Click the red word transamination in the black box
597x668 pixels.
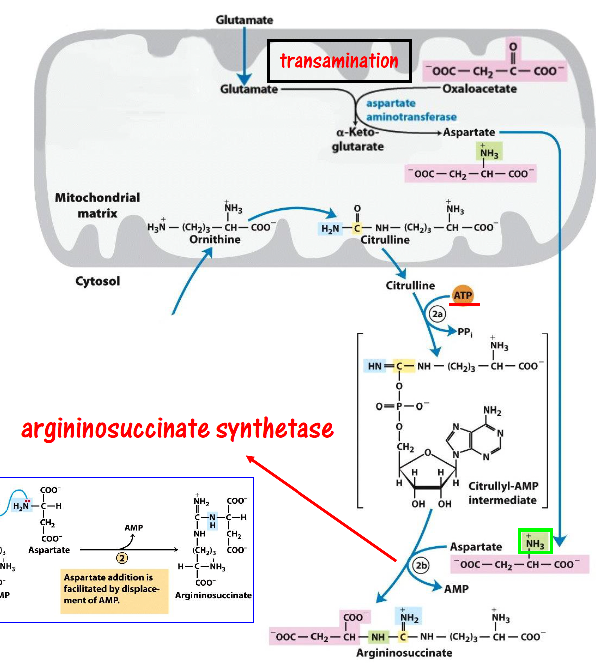click(x=339, y=61)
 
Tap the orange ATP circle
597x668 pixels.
click(x=463, y=295)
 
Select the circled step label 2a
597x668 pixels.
click(x=437, y=314)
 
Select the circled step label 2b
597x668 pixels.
click(x=422, y=565)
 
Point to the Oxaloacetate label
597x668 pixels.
click(x=479, y=89)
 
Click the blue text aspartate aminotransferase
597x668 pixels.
click(x=411, y=110)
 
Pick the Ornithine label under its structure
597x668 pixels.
click(x=215, y=240)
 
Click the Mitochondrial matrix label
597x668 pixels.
click(x=97, y=205)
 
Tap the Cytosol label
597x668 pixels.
click(x=98, y=281)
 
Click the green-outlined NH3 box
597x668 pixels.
click(x=535, y=542)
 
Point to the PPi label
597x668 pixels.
click(x=465, y=332)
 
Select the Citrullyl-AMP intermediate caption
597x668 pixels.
click(x=503, y=493)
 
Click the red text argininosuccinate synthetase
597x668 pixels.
click(x=178, y=428)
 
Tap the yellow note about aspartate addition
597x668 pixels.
click(x=114, y=589)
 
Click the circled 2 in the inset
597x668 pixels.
click(x=122, y=558)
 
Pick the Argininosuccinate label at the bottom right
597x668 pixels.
click(x=404, y=653)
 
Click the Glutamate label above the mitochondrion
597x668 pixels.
click(x=244, y=20)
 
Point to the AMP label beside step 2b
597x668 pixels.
click(x=456, y=589)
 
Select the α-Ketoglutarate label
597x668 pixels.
click(x=358, y=139)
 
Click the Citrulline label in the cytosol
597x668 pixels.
click(x=410, y=286)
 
